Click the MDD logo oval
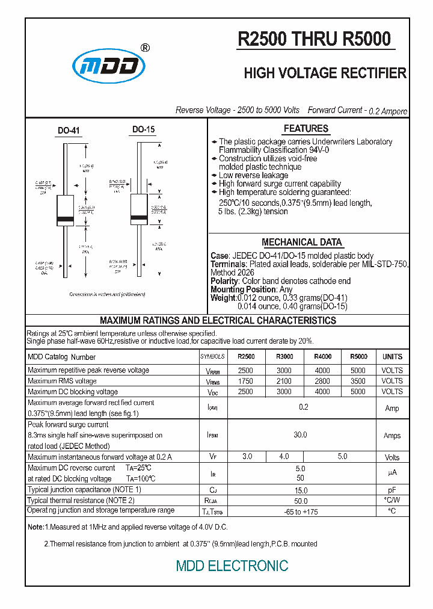109,66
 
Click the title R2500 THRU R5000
315,39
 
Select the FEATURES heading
306,129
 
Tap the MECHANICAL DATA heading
301,242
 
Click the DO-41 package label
69,131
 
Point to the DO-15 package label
143,129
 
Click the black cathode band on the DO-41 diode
65,218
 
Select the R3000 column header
284,357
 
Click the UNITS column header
392,357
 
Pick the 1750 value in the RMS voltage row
246,381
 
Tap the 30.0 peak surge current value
300,435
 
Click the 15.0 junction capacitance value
301,490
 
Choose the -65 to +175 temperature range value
301,512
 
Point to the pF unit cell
392,490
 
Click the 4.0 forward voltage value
284,457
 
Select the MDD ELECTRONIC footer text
232,566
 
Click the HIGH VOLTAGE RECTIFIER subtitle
325,73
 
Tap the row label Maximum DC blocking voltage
73,392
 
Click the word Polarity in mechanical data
224,281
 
